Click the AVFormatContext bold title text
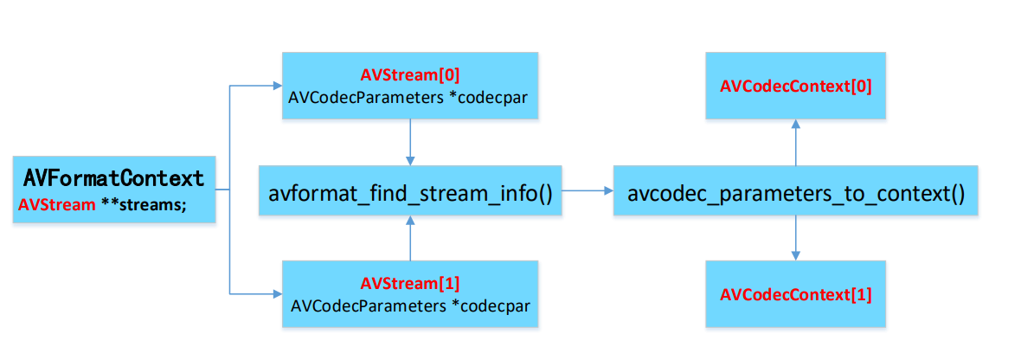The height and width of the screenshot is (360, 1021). [114, 178]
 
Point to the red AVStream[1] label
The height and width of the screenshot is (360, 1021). [409, 284]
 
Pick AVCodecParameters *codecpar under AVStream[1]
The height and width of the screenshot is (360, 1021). [409, 305]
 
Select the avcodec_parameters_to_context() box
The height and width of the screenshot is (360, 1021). [795, 190]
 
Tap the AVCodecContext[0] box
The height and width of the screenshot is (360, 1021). [795, 86]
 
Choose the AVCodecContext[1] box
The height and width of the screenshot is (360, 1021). [795, 294]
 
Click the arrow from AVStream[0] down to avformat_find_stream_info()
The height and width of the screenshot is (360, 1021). [410, 142]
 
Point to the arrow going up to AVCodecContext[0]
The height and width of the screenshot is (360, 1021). [795, 142]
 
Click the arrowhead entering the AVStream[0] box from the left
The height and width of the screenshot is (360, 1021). [276, 86]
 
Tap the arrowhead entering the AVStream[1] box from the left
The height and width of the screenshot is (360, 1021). [276, 294]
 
